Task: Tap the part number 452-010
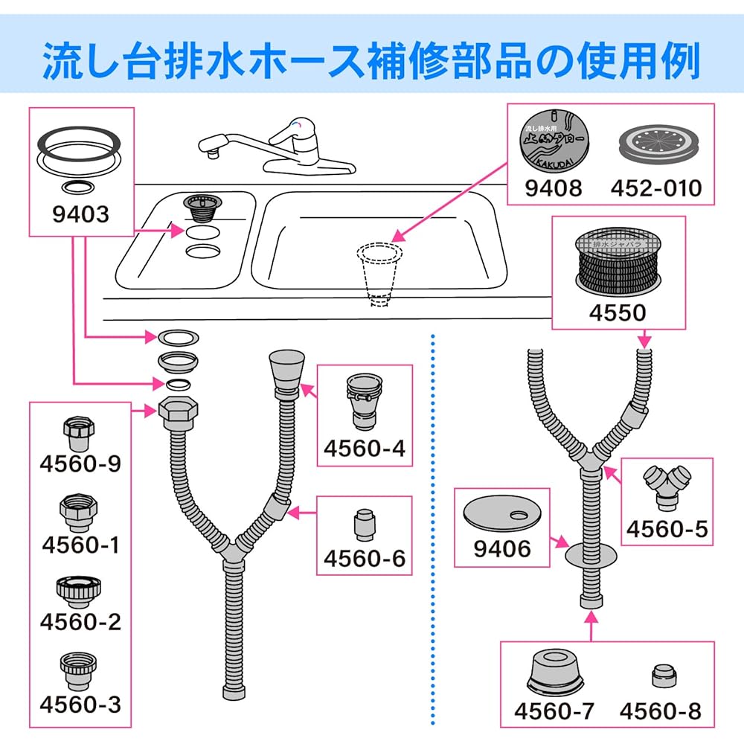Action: (x=656, y=187)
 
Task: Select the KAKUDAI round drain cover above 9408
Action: (x=555, y=139)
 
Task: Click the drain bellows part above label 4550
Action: (x=618, y=264)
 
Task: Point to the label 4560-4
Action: (x=365, y=449)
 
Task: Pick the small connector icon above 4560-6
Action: (x=364, y=525)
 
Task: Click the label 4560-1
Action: (x=80, y=545)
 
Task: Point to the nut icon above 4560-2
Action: (x=77, y=590)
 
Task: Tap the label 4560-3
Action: (x=80, y=704)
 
